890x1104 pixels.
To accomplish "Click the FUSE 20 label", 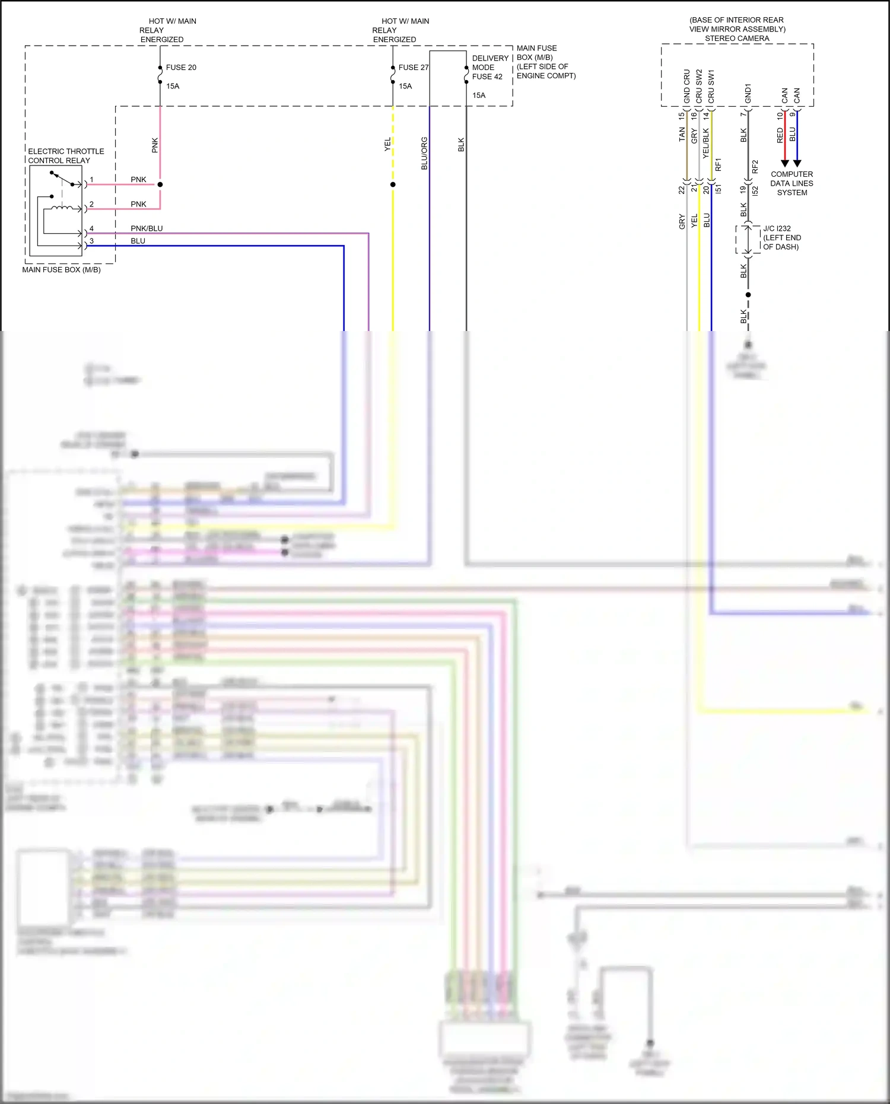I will tap(181, 68).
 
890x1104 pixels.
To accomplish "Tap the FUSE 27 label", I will tap(413, 68).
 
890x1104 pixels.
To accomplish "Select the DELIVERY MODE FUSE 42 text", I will tap(490, 68).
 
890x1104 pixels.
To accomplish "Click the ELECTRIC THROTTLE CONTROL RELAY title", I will tap(65, 156).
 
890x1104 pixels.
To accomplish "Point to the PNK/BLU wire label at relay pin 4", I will tap(147, 228).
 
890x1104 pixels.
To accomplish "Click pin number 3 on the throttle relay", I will tap(91, 241).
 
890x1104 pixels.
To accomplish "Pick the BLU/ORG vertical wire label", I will tap(424, 154).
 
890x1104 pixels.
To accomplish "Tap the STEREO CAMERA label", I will tap(737, 39).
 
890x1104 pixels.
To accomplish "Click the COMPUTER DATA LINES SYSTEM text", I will tap(792, 183).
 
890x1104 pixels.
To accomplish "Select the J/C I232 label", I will tap(777, 228).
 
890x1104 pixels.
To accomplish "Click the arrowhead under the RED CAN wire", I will tap(784, 163).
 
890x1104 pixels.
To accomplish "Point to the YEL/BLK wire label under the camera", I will tap(706, 143).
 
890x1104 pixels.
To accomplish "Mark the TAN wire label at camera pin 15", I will tap(682, 134).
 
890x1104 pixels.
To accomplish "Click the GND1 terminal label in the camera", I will tap(748, 93).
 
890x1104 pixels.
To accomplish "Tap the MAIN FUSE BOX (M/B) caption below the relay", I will tap(61, 270).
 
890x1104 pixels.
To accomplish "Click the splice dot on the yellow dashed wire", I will tap(393, 184).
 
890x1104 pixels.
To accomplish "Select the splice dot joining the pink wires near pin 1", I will tap(160, 184).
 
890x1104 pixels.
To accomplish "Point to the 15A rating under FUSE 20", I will tap(173, 87).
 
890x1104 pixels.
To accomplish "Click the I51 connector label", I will tap(719, 189).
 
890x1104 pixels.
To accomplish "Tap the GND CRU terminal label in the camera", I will tap(687, 87).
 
